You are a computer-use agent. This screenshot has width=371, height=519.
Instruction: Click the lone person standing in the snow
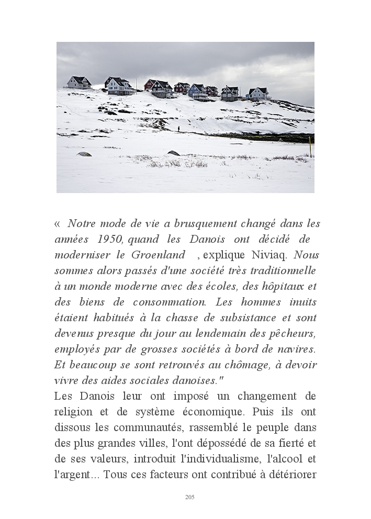(178, 128)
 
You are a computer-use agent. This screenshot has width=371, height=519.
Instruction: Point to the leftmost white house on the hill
(79, 82)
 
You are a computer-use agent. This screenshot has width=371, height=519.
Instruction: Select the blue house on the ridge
(197, 91)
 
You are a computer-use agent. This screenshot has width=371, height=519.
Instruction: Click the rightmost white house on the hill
(258, 94)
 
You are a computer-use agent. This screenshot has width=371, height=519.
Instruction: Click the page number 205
(190, 497)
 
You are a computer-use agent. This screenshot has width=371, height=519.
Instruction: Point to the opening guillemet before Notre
(58, 223)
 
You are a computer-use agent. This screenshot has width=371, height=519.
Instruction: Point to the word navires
(297, 349)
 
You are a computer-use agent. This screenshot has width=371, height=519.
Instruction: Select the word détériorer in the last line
(291, 475)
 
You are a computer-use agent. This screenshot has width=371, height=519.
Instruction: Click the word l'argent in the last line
(72, 475)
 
